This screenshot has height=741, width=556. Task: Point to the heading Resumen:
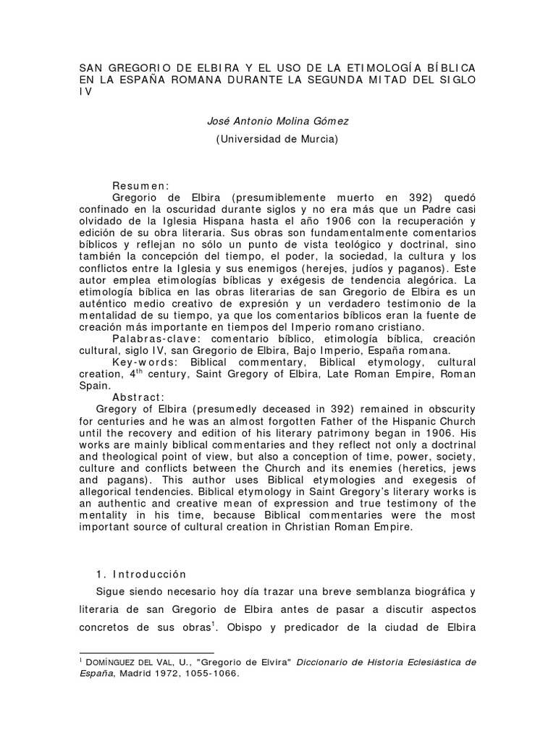point(140,185)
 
